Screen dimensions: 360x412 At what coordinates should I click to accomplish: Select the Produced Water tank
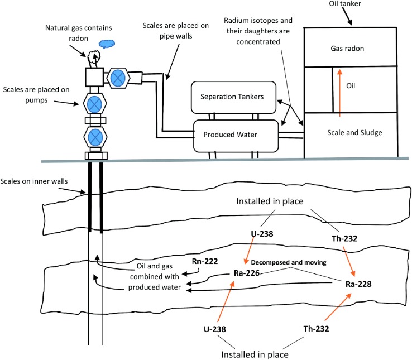[234, 135]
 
